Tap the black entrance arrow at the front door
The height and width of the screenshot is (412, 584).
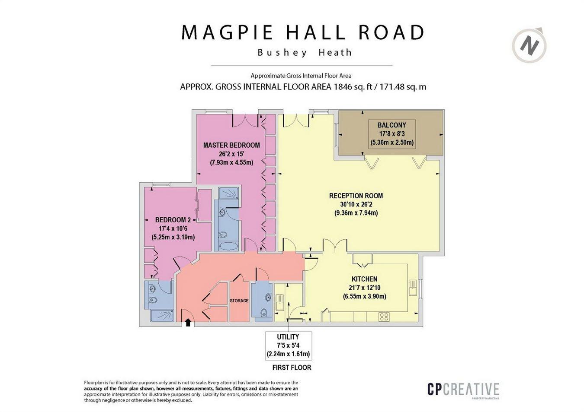pyautogui.click(x=188, y=323)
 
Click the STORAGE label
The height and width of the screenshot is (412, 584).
pyautogui.click(x=239, y=301)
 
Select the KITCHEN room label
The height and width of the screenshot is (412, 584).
pyautogui.click(x=365, y=279)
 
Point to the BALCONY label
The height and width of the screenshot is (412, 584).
pyautogui.click(x=391, y=125)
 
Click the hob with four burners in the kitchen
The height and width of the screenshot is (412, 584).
pyautogui.click(x=384, y=317)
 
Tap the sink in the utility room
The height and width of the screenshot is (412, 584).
pyautogui.click(x=280, y=302)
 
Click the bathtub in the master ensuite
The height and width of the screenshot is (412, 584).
pyautogui.click(x=229, y=246)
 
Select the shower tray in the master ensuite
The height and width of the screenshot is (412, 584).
pyautogui.click(x=228, y=193)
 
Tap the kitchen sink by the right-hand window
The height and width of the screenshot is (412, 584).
pyautogui.click(x=413, y=288)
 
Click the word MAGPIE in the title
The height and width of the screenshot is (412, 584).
pyautogui.click(x=227, y=32)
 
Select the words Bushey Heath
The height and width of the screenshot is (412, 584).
pyautogui.click(x=305, y=53)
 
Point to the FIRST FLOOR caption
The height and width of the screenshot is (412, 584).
pyautogui.click(x=292, y=368)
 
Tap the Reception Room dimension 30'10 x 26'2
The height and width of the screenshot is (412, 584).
pyautogui.click(x=356, y=204)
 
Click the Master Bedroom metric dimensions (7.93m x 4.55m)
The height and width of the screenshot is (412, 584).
pyautogui.click(x=231, y=162)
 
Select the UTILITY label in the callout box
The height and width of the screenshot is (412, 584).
pyautogui.click(x=288, y=337)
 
